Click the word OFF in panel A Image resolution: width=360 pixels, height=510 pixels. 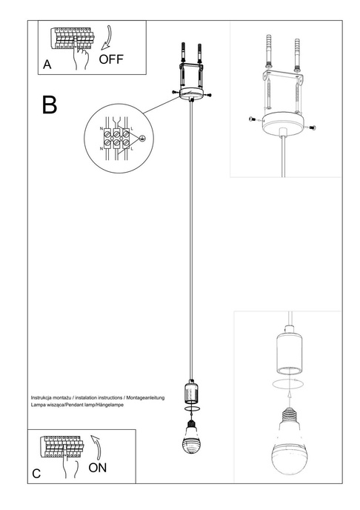pyautogui.click(x=112, y=58)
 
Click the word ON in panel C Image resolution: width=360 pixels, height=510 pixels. pyautogui.click(x=99, y=468)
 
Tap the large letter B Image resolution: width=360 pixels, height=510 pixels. pyautogui.click(x=50, y=105)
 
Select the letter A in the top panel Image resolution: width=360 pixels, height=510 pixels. pyautogui.click(x=47, y=65)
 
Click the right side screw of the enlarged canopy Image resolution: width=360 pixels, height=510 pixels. pyautogui.click(x=311, y=126)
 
